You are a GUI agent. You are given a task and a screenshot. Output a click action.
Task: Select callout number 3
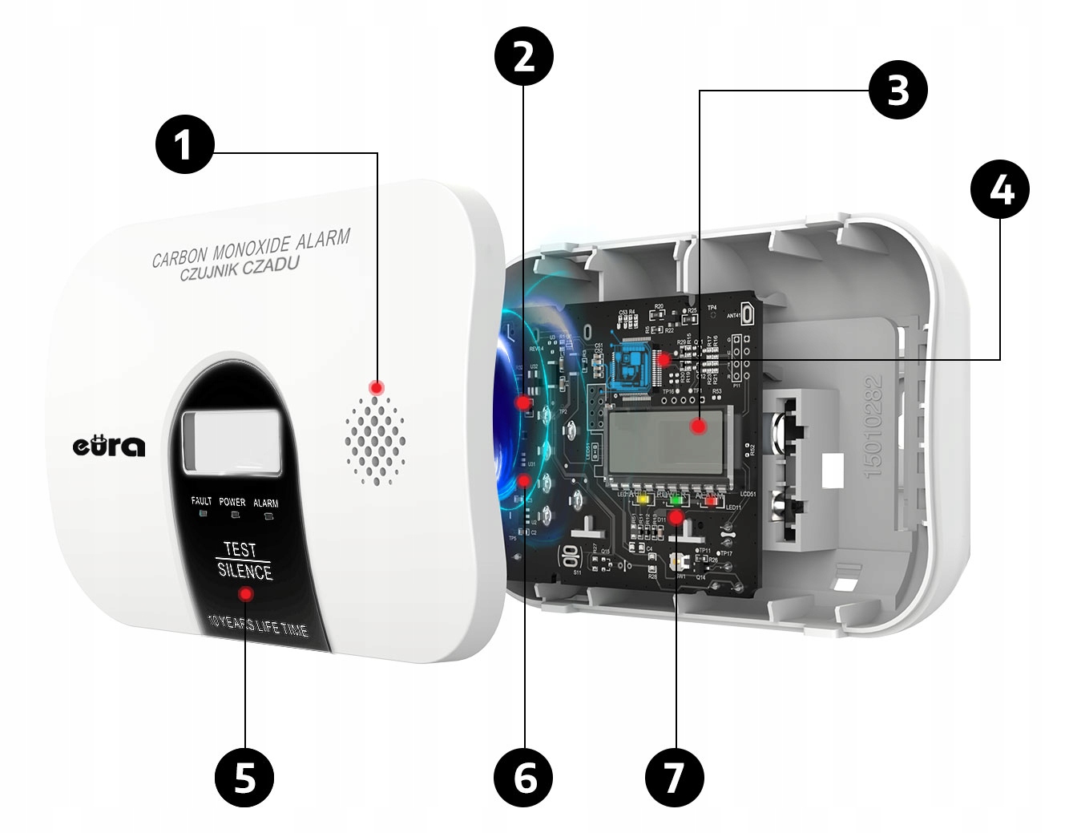click(898, 91)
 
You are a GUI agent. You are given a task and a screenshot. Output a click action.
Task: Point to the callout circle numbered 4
click(1000, 190)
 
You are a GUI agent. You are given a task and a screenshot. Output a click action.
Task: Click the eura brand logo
click(110, 445)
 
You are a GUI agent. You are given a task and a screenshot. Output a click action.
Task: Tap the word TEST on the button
click(240, 549)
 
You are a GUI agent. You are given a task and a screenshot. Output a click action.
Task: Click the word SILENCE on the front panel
click(245, 571)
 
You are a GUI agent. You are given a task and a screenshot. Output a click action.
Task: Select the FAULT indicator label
click(201, 501)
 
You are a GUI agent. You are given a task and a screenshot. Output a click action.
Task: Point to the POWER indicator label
click(232, 502)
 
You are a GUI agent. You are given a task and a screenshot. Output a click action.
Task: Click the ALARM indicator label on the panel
click(265, 503)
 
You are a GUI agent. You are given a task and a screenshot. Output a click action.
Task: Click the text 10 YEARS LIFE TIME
click(257, 625)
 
